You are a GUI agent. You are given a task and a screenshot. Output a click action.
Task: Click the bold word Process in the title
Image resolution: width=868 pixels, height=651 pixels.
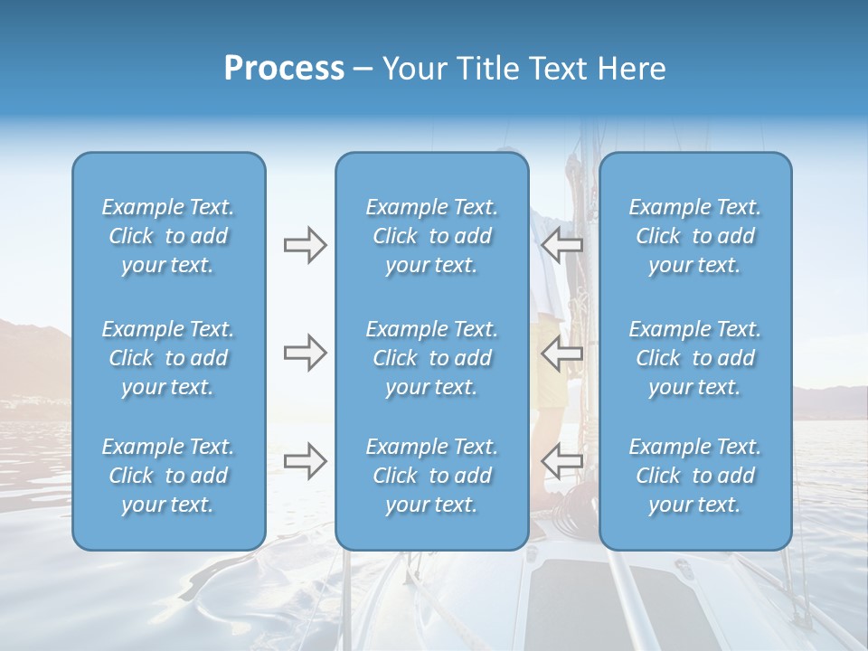[x=284, y=69]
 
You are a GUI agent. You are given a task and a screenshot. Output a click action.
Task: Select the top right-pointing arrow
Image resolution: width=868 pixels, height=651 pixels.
[x=305, y=245]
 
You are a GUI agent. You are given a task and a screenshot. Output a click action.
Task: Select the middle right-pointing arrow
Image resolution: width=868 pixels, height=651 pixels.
[x=305, y=353]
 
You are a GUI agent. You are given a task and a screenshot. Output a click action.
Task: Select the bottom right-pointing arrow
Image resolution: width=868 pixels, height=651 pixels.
[x=305, y=461]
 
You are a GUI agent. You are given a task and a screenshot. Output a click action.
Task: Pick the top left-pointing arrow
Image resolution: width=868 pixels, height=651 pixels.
[x=561, y=245]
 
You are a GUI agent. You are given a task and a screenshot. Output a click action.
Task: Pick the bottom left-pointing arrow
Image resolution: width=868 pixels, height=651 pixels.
[x=561, y=461]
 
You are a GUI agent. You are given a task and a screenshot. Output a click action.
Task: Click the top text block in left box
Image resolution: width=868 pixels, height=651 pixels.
[x=168, y=236]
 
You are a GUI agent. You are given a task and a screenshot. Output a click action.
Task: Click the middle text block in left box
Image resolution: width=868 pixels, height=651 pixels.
[x=168, y=358]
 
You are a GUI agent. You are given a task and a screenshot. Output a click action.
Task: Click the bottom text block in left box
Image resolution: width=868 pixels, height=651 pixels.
[x=168, y=476]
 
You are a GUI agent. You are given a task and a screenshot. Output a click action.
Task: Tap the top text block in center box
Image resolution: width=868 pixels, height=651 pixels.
[x=432, y=236]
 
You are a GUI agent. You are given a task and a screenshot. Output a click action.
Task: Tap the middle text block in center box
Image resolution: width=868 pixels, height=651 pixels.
[x=432, y=358]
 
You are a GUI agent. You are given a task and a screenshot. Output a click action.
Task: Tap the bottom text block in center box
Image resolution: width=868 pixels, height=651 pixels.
[x=432, y=476]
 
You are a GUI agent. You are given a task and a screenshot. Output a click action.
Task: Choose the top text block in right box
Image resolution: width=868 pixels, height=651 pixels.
[x=695, y=236]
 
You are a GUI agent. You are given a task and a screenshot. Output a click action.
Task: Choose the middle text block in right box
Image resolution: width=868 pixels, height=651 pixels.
[x=695, y=358]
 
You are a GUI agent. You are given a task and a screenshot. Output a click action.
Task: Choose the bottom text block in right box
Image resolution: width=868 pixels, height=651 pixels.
[x=695, y=476]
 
